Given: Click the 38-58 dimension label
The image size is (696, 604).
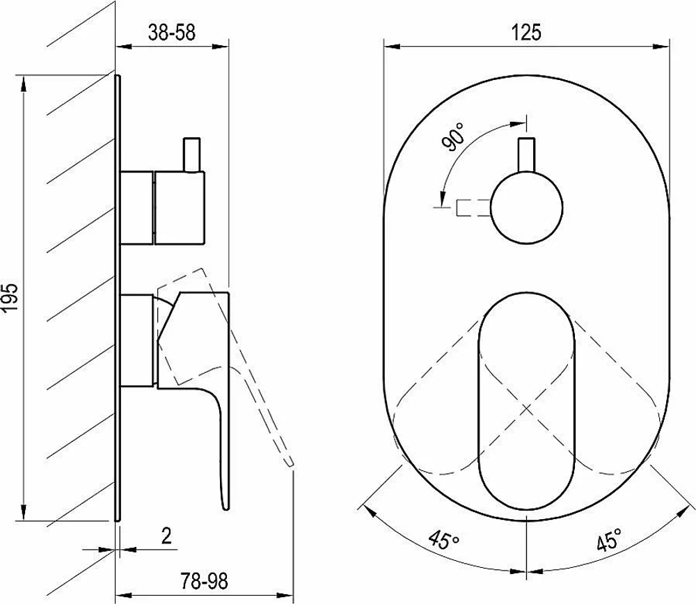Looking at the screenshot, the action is (x=171, y=33).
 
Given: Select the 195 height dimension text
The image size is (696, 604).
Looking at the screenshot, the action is (x=10, y=297).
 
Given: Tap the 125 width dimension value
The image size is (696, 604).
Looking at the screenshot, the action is (x=527, y=33).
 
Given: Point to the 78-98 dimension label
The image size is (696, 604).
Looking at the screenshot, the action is (x=204, y=581).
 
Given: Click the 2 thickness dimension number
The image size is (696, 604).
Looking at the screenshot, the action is (x=166, y=536).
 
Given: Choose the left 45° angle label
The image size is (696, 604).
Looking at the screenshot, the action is (x=444, y=541).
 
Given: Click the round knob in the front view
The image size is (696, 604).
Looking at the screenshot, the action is (x=526, y=207).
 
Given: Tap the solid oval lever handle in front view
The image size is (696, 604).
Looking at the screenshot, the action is (x=526, y=400).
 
